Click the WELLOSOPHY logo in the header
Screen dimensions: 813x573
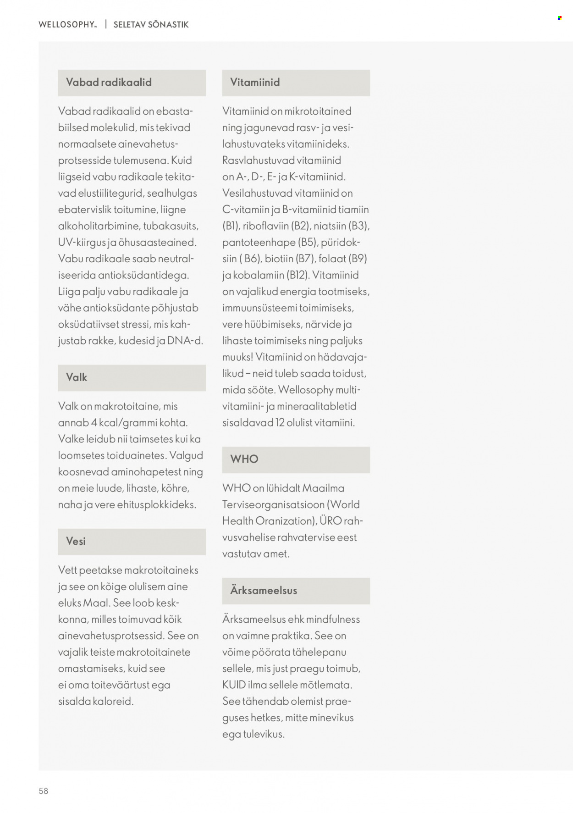[67, 25]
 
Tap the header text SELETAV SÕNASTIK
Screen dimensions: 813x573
[151, 25]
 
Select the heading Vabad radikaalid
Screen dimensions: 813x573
[109, 83]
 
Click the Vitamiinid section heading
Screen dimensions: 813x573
[255, 83]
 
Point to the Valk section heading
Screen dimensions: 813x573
[77, 377]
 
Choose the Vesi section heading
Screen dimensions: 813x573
[76, 542]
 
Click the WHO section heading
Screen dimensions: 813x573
[244, 459]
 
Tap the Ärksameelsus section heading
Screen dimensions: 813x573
[264, 591]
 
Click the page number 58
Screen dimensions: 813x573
[44, 791]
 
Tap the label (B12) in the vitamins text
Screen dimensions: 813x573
[298, 275]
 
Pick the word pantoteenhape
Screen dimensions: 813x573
[259, 242]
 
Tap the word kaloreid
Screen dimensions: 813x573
[113, 702]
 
